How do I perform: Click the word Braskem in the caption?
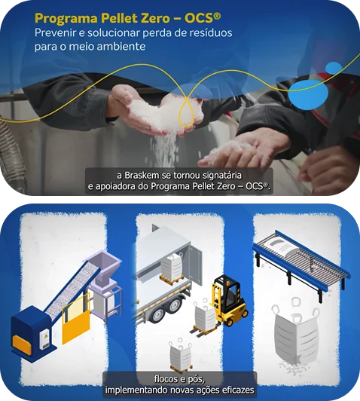142,176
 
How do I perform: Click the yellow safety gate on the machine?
76,320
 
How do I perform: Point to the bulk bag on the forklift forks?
205,314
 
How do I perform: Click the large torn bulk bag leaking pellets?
296,335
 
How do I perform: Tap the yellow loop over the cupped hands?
187,112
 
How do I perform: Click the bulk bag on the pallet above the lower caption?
181,357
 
